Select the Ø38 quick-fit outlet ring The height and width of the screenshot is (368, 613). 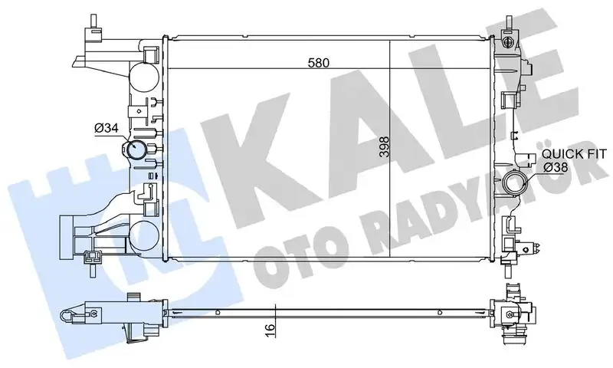(x=515, y=185)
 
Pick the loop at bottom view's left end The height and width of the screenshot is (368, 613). (x=70, y=314)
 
